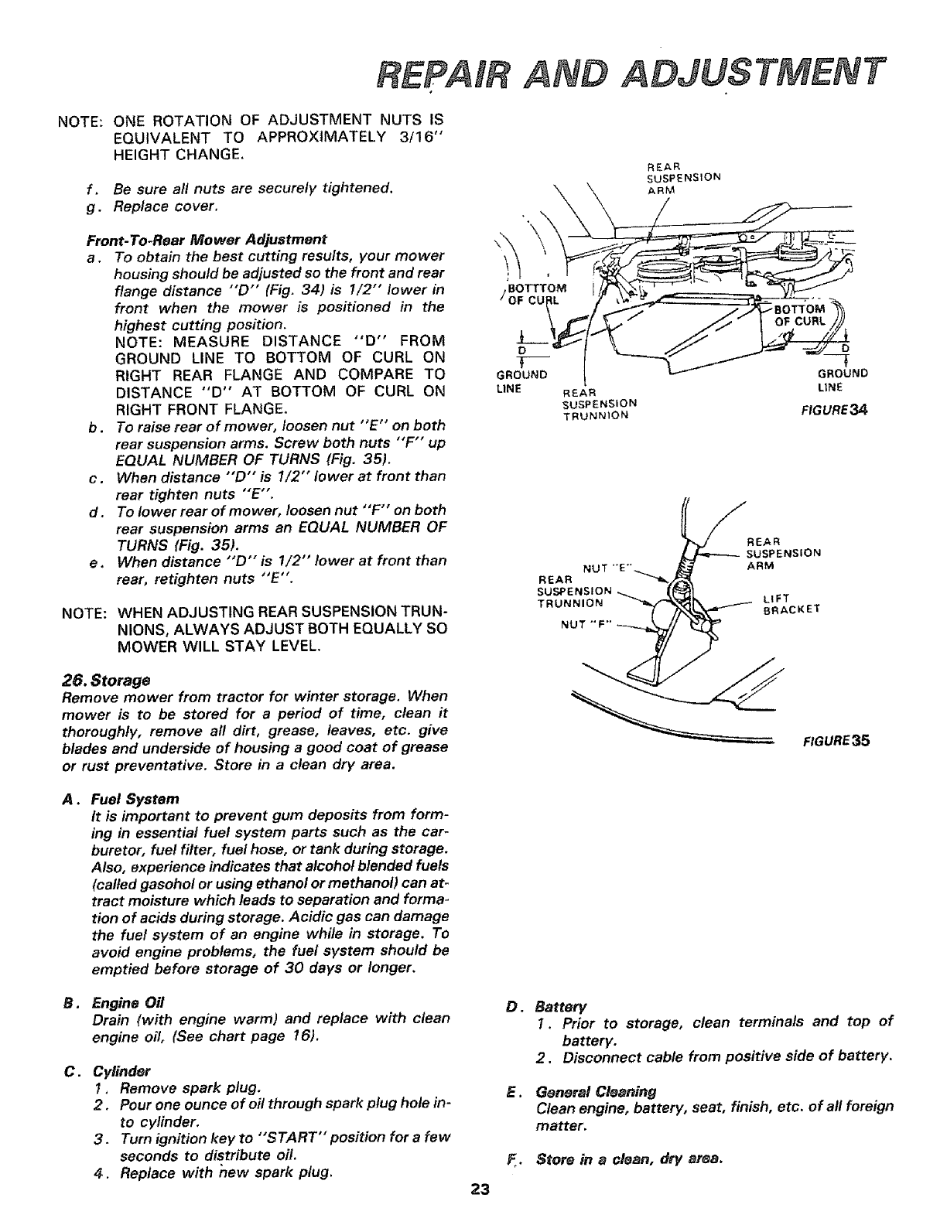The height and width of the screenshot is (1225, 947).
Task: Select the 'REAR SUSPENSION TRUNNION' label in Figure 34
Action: coord(600,402)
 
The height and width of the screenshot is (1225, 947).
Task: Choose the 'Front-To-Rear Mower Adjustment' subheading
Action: coord(207,238)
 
